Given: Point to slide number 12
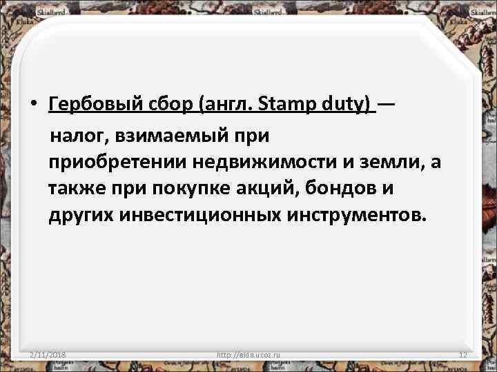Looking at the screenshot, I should [x=463, y=355].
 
